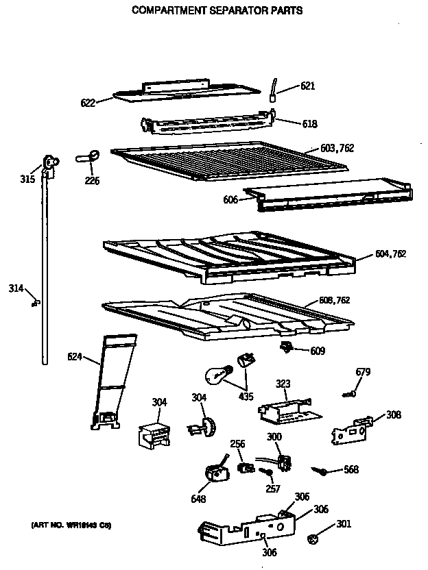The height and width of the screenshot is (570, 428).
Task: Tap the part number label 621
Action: pos(308,86)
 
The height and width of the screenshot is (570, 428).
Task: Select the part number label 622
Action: pos(88,103)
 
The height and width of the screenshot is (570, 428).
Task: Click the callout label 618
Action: pos(309,124)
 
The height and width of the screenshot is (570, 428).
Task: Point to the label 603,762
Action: pos(337,148)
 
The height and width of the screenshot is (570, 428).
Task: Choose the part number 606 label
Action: pos(230,199)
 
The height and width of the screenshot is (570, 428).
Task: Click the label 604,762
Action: pos(390,253)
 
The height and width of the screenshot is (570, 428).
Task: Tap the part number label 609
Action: pos(317,351)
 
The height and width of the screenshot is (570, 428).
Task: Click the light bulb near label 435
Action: pos(216,375)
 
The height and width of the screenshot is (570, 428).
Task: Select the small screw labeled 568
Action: pos(320,470)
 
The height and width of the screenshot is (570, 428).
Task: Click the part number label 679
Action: pos(363,372)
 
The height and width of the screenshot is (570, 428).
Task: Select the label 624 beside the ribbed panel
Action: pos(75,356)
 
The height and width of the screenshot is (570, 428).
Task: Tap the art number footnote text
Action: pos(71,525)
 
